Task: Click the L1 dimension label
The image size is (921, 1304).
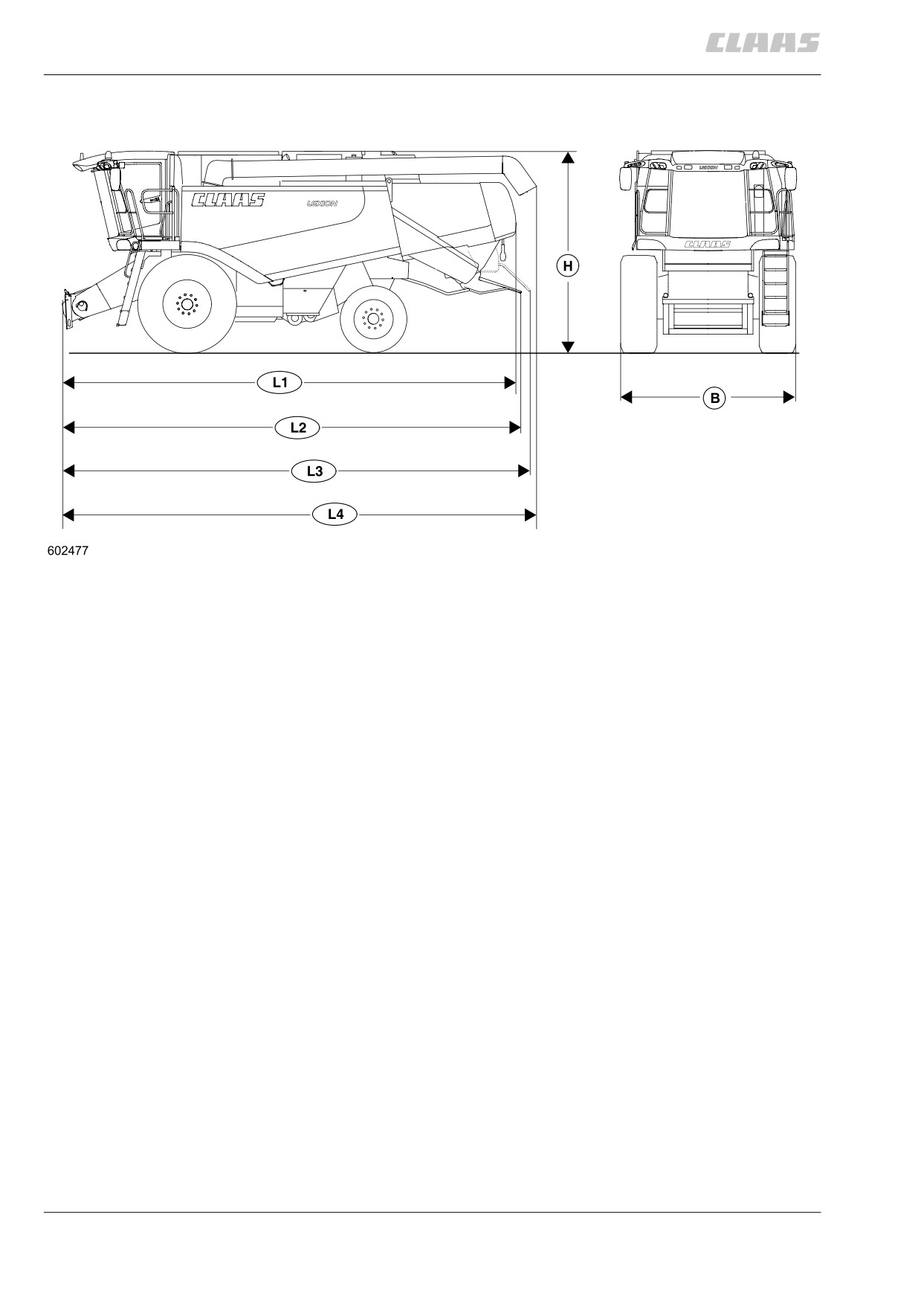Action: coord(279,383)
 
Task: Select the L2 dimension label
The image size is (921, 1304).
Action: coord(298,427)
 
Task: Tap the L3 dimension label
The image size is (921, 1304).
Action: coord(314,471)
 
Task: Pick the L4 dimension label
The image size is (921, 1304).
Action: coord(335,514)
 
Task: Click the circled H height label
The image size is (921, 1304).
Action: coord(568,266)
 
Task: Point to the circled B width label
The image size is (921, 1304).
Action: coord(715,398)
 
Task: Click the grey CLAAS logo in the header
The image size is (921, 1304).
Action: coord(762,42)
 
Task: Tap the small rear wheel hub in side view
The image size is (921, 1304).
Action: coord(372,319)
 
